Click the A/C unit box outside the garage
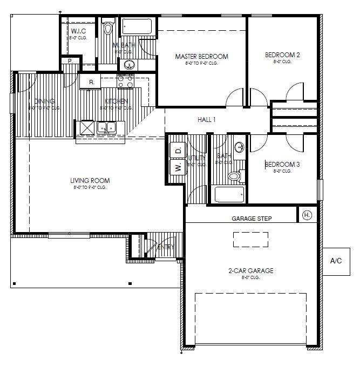pyautogui.click(x=336, y=261)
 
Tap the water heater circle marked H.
pyautogui.click(x=307, y=215)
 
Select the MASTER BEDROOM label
pyautogui.click(x=201, y=56)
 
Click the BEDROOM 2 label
pyautogui.click(x=282, y=55)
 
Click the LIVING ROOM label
pyautogui.click(x=90, y=181)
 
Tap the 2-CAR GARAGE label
pyautogui.click(x=250, y=270)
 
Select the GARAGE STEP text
pyautogui.click(x=252, y=219)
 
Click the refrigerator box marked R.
pyautogui.click(x=91, y=82)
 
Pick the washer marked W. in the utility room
pyautogui.click(x=178, y=167)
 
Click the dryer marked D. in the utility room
pyautogui.click(x=178, y=149)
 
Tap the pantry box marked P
pyautogui.click(x=70, y=62)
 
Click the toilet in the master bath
pyautogui.click(x=108, y=27)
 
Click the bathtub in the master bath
pyautogui.click(x=138, y=26)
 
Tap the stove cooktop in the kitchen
pyautogui.click(x=126, y=81)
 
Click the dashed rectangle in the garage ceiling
pyautogui.click(x=250, y=239)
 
